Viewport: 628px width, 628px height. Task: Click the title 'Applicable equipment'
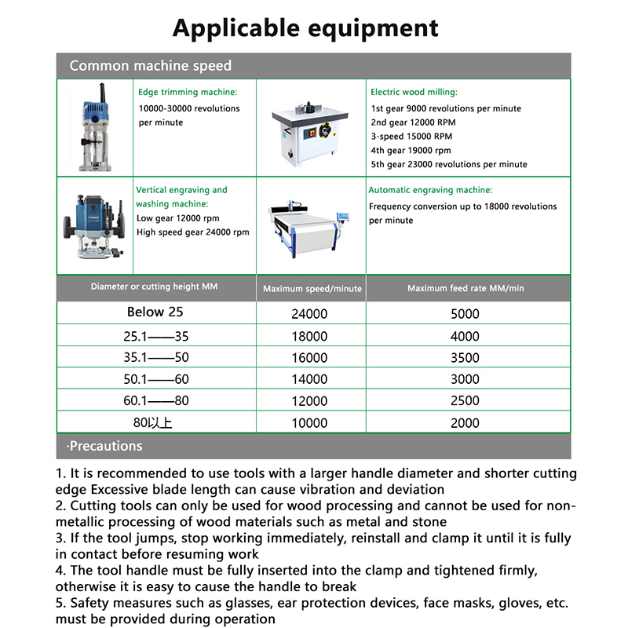(x=305, y=28)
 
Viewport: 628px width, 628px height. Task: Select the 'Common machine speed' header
(x=151, y=66)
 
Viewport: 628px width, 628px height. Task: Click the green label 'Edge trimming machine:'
(x=188, y=92)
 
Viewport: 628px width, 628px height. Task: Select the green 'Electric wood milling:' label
(x=414, y=92)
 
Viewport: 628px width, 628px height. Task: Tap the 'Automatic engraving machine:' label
(x=431, y=190)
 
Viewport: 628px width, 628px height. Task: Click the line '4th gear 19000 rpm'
(x=411, y=151)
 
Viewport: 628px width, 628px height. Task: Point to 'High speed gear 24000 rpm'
(x=192, y=232)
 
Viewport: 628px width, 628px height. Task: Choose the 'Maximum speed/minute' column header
(x=312, y=289)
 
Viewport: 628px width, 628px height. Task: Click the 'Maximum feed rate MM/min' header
(x=466, y=289)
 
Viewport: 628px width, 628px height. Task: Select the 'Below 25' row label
(x=155, y=312)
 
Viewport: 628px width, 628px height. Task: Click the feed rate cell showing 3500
(x=466, y=358)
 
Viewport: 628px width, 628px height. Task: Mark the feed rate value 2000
(x=466, y=423)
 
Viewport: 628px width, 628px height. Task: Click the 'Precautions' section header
(x=106, y=446)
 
